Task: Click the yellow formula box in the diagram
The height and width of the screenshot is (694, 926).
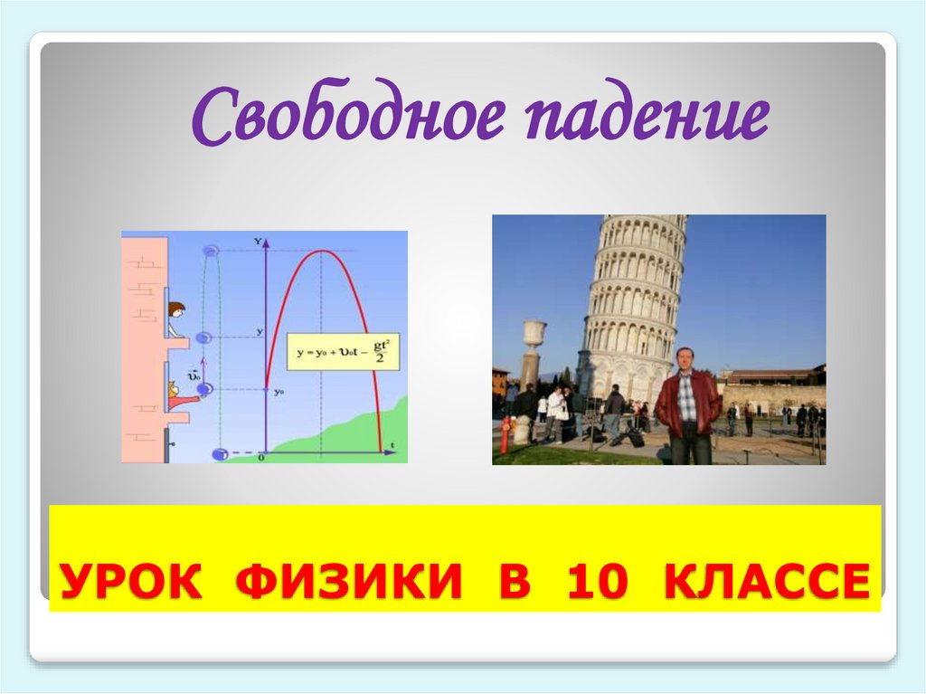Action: click(345, 349)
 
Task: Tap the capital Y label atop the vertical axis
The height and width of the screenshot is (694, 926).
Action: click(259, 241)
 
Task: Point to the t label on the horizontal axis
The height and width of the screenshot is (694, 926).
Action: click(393, 443)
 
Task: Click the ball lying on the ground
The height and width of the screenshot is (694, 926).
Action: click(220, 452)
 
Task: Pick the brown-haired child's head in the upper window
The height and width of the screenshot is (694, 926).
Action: click(176, 310)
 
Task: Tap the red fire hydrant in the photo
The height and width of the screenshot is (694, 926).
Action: click(504, 434)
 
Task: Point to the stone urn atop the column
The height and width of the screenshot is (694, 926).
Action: click(534, 334)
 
